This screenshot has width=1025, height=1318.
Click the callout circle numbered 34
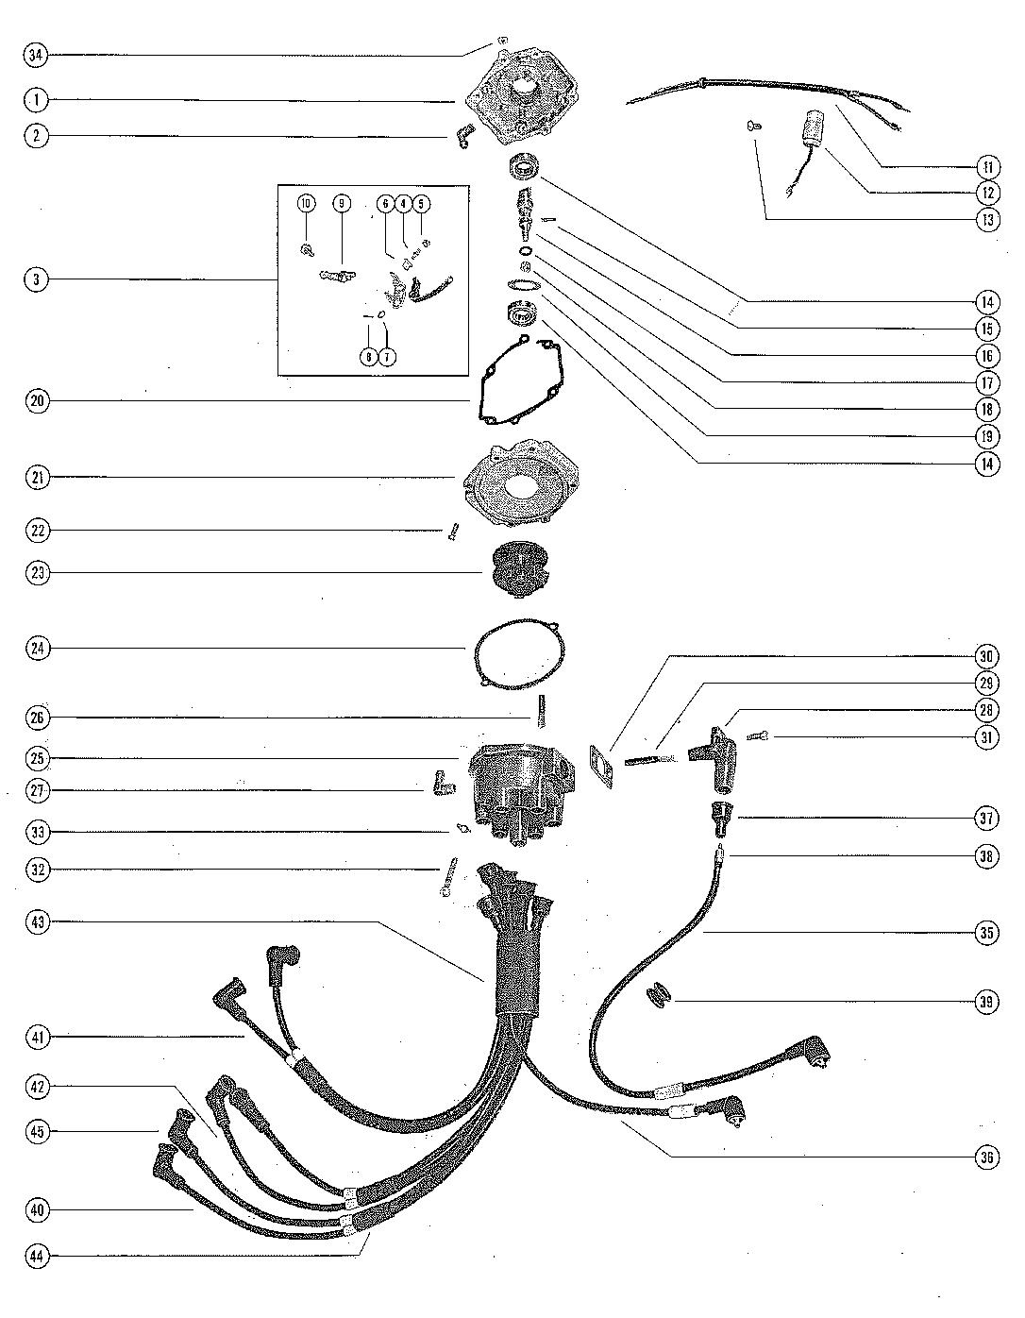pyautogui.click(x=36, y=56)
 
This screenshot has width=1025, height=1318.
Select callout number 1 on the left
pyautogui.click(x=36, y=100)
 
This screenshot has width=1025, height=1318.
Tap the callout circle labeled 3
pyautogui.click(x=36, y=279)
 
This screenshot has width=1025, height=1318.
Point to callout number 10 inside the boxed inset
pyautogui.click(x=305, y=203)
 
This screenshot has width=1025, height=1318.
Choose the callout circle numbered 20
pyautogui.click(x=36, y=400)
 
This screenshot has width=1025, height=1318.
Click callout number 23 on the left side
pyautogui.click(x=36, y=573)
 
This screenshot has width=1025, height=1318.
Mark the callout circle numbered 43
pyautogui.click(x=36, y=921)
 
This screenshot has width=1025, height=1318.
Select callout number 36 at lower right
pyautogui.click(x=986, y=1157)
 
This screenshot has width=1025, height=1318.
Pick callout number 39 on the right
pyautogui.click(x=986, y=1002)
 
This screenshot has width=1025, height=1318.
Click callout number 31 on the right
pyautogui.click(x=986, y=737)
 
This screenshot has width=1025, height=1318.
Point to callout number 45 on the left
pyautogui.click(x=36, y=1130)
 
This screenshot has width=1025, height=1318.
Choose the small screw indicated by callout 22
pyautogui.click(x=451, y=532)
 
